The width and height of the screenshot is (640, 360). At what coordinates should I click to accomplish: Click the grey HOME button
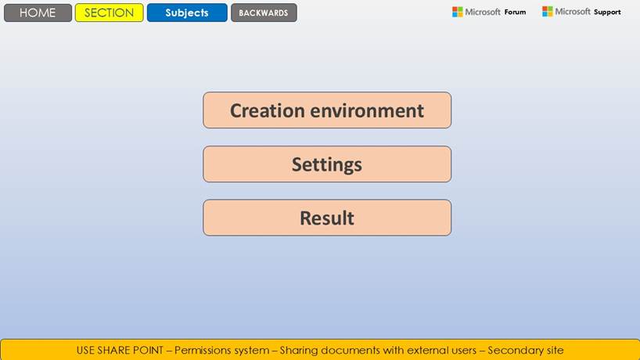pos(38,13)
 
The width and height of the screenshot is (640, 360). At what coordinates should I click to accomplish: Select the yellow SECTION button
pos(109,13)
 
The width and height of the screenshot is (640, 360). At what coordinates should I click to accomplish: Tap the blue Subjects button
pos(187,13)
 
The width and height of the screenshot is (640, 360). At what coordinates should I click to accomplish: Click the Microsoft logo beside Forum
pos(457,12)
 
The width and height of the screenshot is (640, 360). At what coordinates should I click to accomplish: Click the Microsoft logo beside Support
pos(548,12)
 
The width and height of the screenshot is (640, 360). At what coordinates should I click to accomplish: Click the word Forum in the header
pos(515,13)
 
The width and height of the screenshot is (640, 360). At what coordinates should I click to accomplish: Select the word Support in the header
pos(607,13)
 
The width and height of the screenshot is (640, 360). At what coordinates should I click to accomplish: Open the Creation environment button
pos(327,110)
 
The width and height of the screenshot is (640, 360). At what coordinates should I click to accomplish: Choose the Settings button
pos(327,164)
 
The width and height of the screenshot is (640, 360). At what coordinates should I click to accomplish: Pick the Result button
pos(327,218)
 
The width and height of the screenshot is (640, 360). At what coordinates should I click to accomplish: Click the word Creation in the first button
pos(268,110)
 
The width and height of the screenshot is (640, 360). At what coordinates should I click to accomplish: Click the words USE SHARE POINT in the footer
pos(120,350)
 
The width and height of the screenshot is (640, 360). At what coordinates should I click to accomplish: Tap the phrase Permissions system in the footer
pos(221,351)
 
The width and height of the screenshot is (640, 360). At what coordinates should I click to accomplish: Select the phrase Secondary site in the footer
pos(526,351)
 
